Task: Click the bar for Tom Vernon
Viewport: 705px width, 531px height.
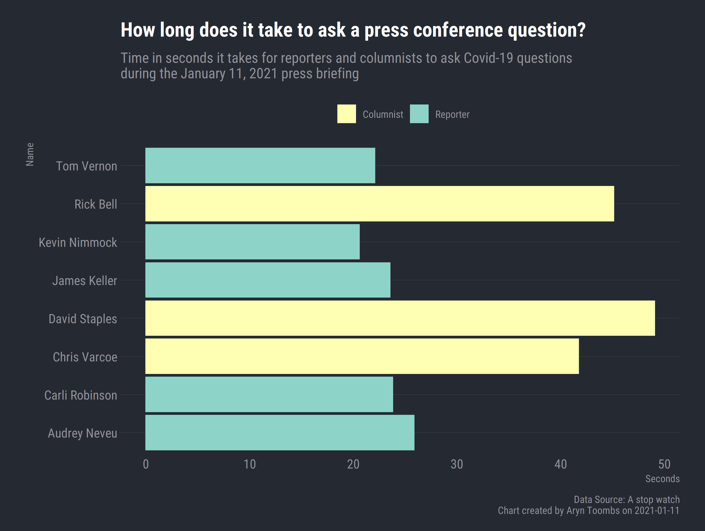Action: [x=260, y=166]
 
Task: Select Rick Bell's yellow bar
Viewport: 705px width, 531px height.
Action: [x=379, y=204]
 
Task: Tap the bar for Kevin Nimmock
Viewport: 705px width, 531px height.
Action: [x=252, y=242]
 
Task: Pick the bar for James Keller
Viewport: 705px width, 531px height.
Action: [x=268, y=280]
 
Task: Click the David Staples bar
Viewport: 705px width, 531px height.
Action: [x=400, y=318]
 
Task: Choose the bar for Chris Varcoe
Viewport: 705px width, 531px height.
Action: [x=362, y=356]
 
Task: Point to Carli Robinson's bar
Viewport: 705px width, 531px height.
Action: [x=269, y=395]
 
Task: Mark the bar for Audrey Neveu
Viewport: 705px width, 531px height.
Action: [x=280, y=432]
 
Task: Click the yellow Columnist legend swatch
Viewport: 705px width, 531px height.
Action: [x=346, y=114]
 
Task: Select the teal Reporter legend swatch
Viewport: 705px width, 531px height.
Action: [x=419, y=114]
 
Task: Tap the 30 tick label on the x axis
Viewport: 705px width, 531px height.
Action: [x=457, y=465]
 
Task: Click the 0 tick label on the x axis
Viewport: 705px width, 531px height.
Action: [x=146, y=465]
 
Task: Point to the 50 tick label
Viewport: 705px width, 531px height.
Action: [x=664, y=465]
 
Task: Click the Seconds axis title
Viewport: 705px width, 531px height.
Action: [x=662, y=479]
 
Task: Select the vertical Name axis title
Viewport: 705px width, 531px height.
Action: [x=30, y=154]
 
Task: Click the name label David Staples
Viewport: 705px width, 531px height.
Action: [x=83, y=319]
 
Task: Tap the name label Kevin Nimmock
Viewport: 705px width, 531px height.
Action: [x=78, y=243]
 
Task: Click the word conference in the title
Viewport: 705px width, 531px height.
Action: [x=457, y=30]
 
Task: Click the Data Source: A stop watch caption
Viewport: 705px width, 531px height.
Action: [x=626, y=500]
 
